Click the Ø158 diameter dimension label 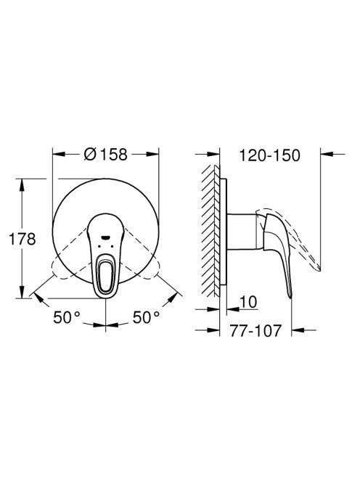[x=105, y=154]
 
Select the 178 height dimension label [x=22, y=239]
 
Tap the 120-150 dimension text [x=269, y=155]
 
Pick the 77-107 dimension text [x=255, y=331]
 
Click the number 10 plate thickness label [x=248, y=302]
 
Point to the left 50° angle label [x=67, y=317]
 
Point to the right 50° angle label [x=147, y=317]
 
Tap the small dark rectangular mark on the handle [x=105, y=237]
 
